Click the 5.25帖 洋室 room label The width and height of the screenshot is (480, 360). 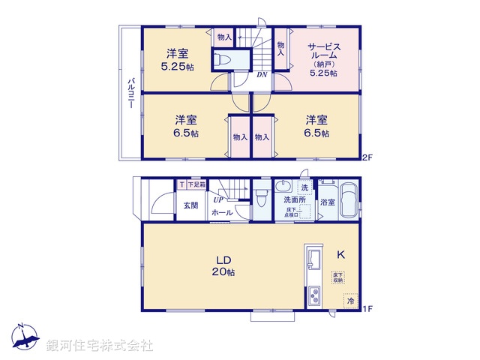(x=177, y=59)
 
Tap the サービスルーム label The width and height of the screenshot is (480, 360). (x=325, y=54)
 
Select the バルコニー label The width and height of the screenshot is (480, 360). (x=130, y=94)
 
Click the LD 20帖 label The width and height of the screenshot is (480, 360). (x=223, y=265)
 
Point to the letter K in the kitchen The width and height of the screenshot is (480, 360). (x=340, y=255)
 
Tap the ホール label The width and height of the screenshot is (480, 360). (x=221, y=214)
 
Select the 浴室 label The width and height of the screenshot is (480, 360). (x=328, y=202)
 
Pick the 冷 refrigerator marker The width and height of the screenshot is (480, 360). (x=350, y=301)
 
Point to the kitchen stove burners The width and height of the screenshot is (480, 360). (x=313, y=297)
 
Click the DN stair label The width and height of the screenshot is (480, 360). (x=262, y=74)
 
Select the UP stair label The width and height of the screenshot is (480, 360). (x=217, y=199)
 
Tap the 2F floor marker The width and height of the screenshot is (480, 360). (x=367, y=157)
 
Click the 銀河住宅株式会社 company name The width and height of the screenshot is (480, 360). (x=100, y=346)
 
